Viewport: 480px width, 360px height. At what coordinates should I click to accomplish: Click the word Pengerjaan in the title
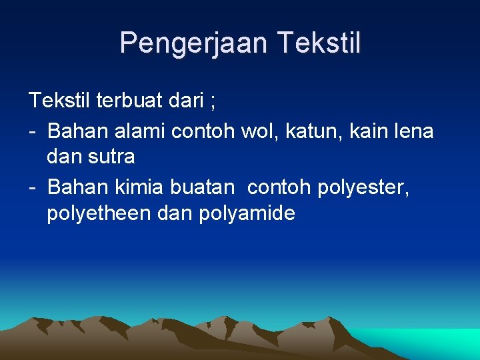[x=193, y=43]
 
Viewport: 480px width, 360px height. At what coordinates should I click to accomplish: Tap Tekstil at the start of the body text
[x=59, y=101]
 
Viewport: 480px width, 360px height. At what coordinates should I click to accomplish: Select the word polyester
[x=364, y=188]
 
